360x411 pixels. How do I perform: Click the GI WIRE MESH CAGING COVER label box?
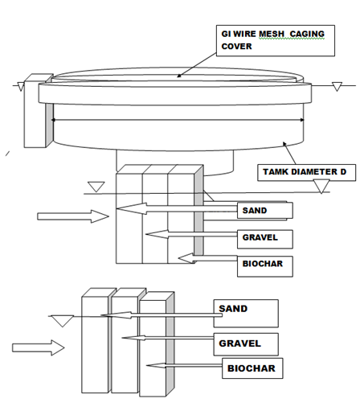point(276,40)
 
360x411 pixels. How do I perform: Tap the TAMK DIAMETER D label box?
point(307,173)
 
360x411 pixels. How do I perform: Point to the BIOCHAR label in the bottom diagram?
point(252,368)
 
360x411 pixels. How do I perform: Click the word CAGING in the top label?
point(307,34)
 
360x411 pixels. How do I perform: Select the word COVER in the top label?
point(236,47)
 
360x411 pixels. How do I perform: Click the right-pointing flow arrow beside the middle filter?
point(73,216)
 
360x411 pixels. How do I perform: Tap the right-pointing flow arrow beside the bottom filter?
point(39,347)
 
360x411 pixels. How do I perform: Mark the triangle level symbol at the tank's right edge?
point(337,87)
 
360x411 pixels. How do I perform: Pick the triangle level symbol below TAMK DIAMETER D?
point(321,187)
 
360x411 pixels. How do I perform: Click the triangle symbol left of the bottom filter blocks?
point(63,321)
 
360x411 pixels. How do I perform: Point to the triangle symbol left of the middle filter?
point(96,187)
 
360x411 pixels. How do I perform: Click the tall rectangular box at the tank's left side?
point(35,111)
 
